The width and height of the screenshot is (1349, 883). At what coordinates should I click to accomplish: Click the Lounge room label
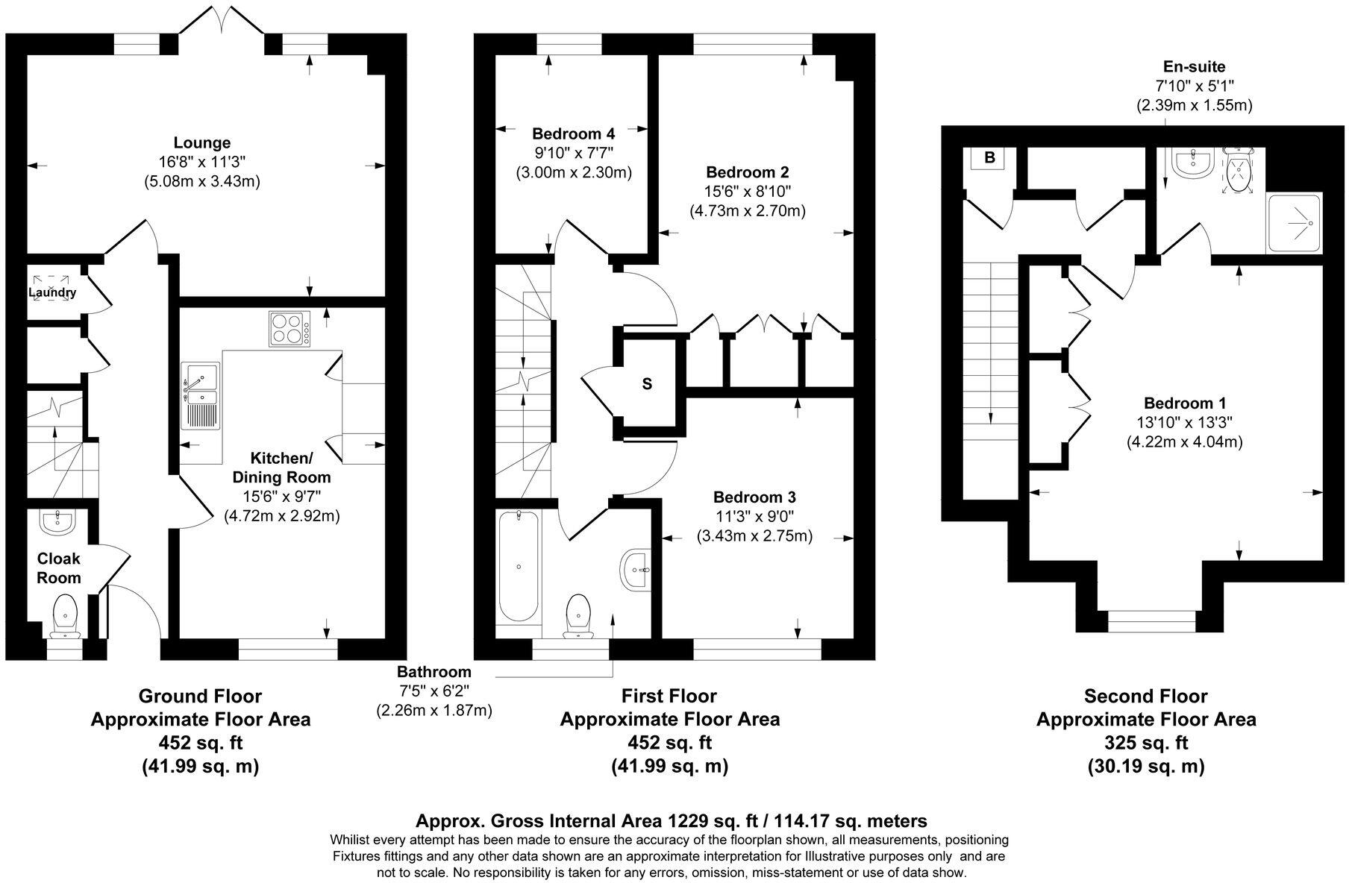tap(201, 142)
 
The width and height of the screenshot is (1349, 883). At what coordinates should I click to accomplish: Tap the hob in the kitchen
tap(289, 329)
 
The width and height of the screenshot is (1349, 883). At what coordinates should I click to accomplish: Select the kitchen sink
tap(199, 396)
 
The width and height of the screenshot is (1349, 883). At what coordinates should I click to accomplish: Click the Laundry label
tap(52, 292)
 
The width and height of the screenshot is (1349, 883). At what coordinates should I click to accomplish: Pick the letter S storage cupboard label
tap(647, 384)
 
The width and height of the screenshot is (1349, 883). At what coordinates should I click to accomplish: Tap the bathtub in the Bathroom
tap(518, 566)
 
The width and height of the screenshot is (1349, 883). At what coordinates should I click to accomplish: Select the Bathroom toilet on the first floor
tap(578, 616)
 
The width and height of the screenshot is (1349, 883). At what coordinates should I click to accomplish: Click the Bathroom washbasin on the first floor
tap(636, 571)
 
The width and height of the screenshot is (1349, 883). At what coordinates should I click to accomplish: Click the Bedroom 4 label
tap(573, 134)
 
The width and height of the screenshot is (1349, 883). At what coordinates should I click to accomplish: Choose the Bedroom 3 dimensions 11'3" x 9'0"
tap(754, 516)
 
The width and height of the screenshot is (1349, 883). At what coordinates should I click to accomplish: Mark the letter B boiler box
tap(989, 158)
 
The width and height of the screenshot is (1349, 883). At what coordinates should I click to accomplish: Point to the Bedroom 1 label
tap(1183, 403)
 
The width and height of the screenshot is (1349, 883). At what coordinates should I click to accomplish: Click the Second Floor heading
tap(1145, 697)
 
